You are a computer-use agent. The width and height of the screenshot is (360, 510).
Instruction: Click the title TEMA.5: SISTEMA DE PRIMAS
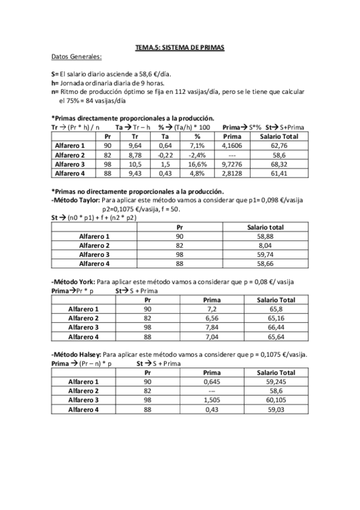180,47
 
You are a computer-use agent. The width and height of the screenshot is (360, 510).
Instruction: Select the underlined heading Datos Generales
76,57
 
